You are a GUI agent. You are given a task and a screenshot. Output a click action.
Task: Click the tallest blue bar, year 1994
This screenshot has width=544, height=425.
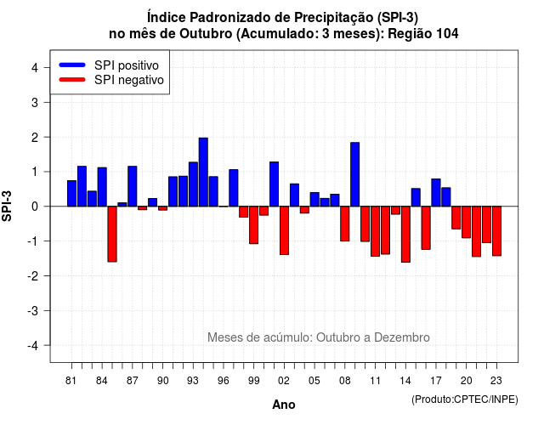(x=203, y=172)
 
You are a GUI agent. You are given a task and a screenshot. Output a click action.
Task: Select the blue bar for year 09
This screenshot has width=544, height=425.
(x=355, y=174)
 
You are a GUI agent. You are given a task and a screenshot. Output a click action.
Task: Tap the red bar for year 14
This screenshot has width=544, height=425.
(x=405, y=235)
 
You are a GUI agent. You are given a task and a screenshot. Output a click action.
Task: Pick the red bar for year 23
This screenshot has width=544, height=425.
(x=496, y=231)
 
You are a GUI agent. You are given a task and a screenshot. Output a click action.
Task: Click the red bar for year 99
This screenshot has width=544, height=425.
(x=253, y=224)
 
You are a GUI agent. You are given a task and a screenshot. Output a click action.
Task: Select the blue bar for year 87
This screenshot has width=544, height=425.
(x=133, y=186)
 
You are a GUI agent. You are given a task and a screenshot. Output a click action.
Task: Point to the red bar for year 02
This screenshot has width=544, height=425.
(x=284, y=230)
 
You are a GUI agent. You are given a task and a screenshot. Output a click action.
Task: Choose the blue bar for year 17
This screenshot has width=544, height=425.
(x=436, y=193)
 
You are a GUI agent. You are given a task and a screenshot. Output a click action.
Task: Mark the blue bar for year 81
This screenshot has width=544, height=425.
(x=71, y=193)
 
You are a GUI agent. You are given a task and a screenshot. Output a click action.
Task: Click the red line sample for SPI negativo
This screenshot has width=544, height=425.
(x=72, y=80)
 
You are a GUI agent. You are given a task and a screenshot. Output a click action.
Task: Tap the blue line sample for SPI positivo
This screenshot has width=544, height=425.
(x=72, y=65)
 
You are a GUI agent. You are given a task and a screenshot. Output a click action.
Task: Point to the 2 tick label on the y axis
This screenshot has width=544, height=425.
(x=35, y=138)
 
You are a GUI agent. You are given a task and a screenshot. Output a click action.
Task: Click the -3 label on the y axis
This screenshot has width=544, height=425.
(x=33, y=311)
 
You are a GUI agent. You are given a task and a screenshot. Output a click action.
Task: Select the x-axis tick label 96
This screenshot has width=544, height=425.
(x=224, y=381)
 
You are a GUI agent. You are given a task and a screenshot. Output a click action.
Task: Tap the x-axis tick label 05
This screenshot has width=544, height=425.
(x=314, y=381)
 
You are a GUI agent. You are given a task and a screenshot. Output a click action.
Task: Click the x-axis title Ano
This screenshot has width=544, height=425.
(x=284, y=405)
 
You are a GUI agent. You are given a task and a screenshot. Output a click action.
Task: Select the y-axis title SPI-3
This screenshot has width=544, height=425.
(x=7, y=206)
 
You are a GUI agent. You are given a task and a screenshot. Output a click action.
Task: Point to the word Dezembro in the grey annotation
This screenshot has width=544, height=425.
(x=402, y=337)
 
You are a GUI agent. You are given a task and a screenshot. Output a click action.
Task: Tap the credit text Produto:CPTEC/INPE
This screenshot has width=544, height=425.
(x=465, y=399)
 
